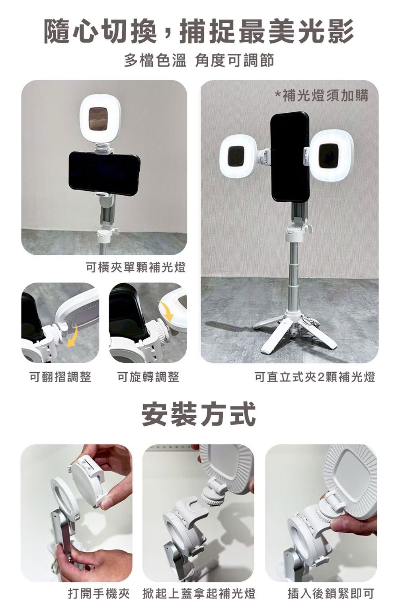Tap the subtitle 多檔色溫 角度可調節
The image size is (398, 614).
pos(199,60)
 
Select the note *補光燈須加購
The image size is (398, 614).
pos(322,96)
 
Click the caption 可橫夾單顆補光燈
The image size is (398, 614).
pos(136,267)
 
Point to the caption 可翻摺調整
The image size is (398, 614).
pos(60,377)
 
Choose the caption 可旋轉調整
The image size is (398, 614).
pos(148,377)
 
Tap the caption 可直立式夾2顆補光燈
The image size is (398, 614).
pos(315,377)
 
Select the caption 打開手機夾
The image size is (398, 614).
pos(99,593)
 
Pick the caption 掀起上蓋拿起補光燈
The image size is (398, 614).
pos(199,593)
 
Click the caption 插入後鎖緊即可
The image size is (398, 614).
pos(331,593)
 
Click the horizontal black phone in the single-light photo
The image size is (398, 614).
pos(104,174)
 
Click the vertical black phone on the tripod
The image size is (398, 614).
pos(290,157)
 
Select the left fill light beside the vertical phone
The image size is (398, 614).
pos(239,157)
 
